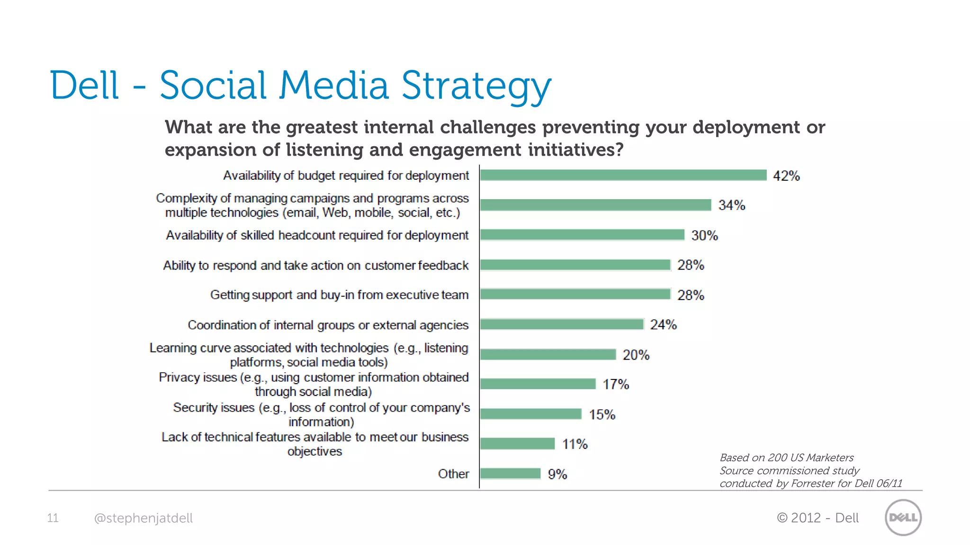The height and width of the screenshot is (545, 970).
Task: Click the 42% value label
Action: (786, 176)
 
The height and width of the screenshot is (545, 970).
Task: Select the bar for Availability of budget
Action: (623, 175)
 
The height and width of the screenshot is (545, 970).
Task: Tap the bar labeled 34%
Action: (595, 205)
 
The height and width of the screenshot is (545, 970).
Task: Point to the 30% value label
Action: (704, 236)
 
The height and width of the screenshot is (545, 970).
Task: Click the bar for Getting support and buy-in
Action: (575, 294)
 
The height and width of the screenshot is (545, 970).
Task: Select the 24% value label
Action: (663, 325)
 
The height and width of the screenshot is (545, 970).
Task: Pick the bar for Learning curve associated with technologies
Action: (548, 354)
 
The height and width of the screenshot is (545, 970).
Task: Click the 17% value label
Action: (615, 384)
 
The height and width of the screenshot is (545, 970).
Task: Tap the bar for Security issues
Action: (530, 414)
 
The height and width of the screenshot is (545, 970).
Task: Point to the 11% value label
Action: (575, 444)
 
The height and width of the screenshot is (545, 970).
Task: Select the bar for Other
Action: (510, 474)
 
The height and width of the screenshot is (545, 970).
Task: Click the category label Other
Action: (453, 474)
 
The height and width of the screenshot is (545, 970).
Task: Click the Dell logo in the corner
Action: (903, 518)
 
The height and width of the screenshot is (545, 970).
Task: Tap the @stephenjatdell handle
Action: (143, 518)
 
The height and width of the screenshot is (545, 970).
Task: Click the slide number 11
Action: (53, 518)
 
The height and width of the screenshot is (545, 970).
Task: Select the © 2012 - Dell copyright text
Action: (817, 518)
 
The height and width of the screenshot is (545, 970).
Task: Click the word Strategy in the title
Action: (476, 87)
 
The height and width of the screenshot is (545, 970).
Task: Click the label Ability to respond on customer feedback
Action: (315, 265)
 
